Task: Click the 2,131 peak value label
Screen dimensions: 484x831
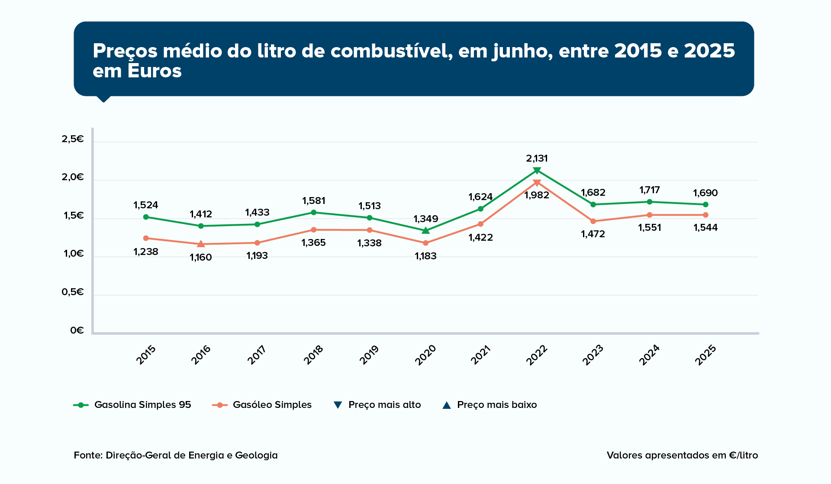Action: (x=537, y=159)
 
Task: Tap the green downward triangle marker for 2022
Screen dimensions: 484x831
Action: (x=537, y=171)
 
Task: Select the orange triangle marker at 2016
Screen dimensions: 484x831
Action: (x=201, y=244)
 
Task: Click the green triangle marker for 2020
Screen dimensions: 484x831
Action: (x=426, y=230)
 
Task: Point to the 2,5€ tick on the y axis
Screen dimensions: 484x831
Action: (x=73, y=139)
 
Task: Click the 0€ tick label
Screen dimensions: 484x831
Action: (x=77, y=331)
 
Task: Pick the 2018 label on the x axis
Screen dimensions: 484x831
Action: (x=313, y=355)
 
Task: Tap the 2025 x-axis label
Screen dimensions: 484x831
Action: (x=705, y=355)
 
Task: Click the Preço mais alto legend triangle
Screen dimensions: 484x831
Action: (x=338, y=405)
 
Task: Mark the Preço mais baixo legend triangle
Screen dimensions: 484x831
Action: (x=447, y=405)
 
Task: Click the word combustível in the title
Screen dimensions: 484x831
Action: (x=392, y=51)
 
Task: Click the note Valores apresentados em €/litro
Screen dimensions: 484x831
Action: (x=682, y=455)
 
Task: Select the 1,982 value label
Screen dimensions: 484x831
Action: (x=537, y=195)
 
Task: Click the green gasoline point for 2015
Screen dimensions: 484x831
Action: (x=146, y=217)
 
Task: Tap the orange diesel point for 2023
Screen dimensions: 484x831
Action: (x=593, y=221)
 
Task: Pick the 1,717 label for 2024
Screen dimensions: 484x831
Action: (x=649, y=190)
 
